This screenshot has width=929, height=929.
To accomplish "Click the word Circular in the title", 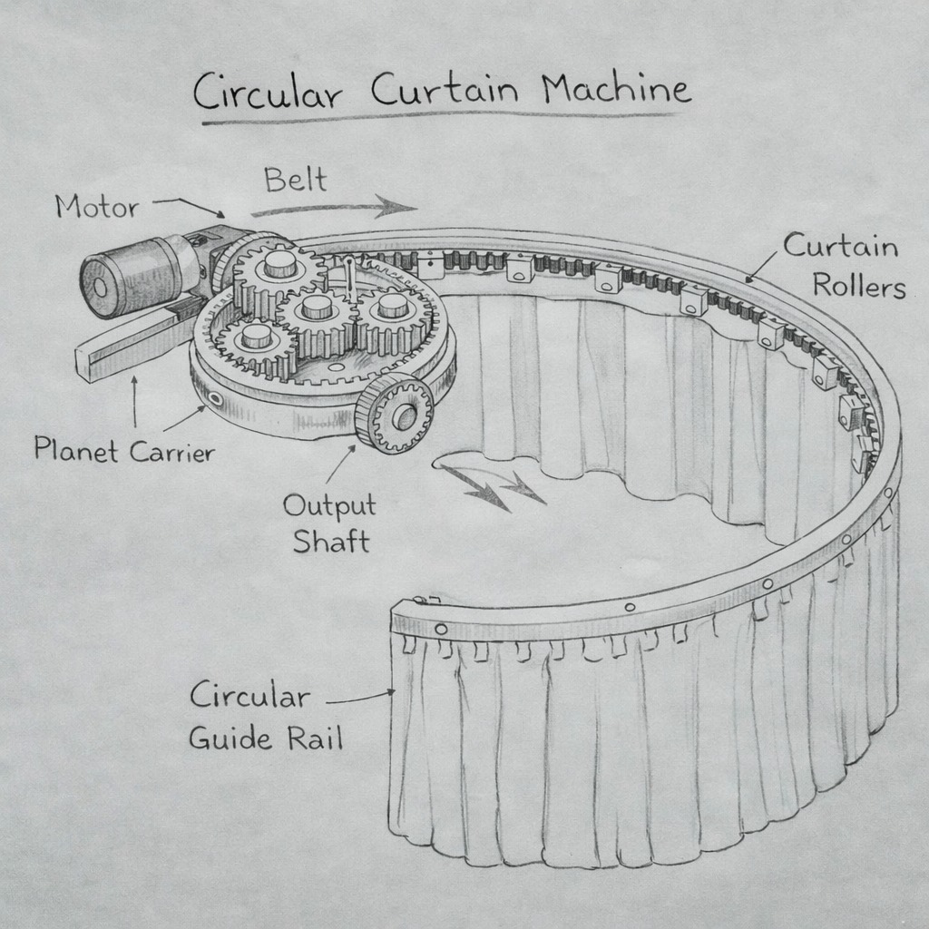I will click(x=272, y=93).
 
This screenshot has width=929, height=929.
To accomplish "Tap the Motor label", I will click(x=97, y=207).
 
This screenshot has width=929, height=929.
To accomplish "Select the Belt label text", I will click(x=295, y=180).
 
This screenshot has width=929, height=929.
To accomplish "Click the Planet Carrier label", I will click(x=124, y=450).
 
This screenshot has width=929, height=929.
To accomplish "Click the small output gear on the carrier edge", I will click(x=394, y=414).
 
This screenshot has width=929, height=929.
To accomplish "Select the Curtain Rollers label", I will click(x=844, y=266).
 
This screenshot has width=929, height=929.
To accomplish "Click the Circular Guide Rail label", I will click(x=262, y=717).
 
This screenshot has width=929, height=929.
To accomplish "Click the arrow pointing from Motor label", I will click(x=190, y=207).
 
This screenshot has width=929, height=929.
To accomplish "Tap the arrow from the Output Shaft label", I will click(x=339, y=464).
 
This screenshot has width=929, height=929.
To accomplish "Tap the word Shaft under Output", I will click(x=330, y=543).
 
